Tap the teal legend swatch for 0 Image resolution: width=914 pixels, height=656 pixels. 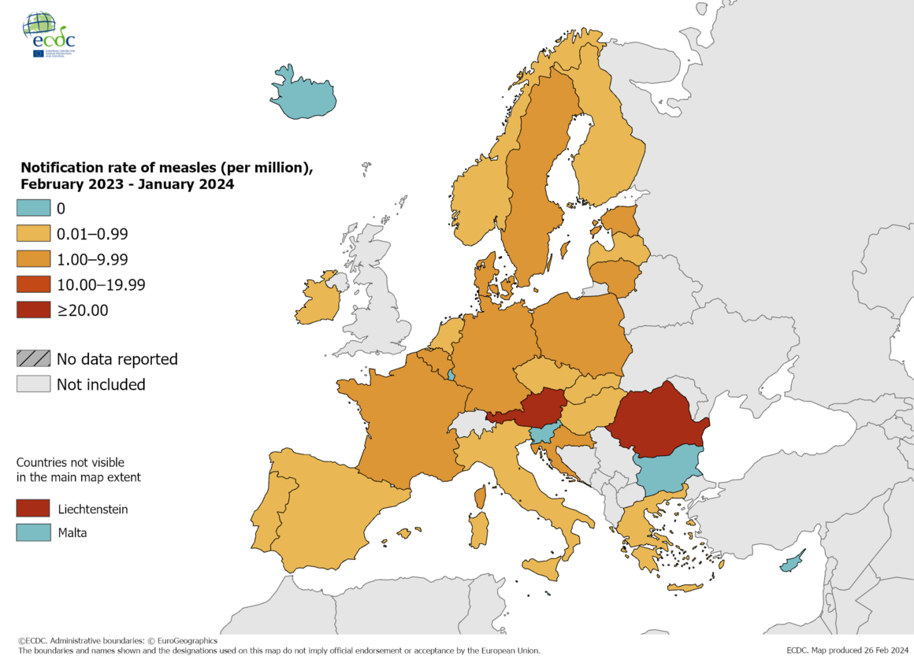[33, 209]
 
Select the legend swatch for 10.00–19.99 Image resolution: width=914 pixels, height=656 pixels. [33, 284]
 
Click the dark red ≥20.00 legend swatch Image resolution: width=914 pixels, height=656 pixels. [33, 310]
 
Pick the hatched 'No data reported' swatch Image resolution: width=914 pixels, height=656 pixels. [33, 359]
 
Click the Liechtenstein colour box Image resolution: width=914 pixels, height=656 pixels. [33, 509]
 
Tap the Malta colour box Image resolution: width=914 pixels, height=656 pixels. [33, 532]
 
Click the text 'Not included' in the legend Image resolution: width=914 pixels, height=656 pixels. [101, 384]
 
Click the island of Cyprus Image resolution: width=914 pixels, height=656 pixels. [790, 564]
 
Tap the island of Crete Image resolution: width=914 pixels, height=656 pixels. [685, 587]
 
